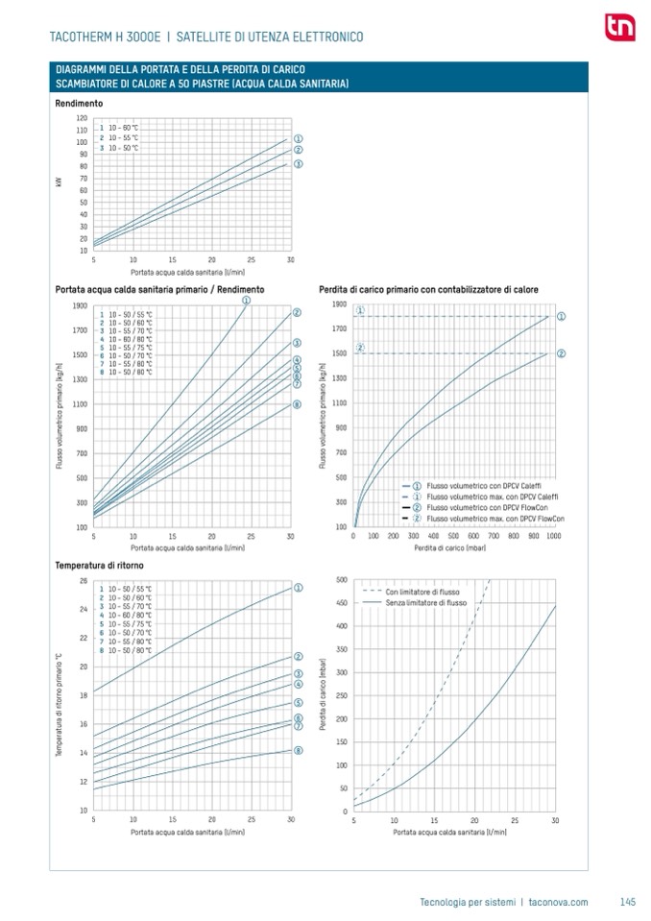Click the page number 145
(x=628, y=901)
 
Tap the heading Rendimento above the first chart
(x=79, y=103)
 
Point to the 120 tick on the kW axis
(x=82, y=118)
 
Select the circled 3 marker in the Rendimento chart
(x=298, y=164)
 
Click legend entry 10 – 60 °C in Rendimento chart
(x=123, y=128)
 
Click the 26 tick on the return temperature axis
(x=83, y=581)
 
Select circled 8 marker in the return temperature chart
(x=298, y=750)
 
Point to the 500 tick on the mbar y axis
(x=343, y=580)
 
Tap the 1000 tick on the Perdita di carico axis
(x=553, y=535)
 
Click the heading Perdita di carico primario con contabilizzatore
(x=428, y=289)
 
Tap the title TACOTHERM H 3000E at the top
(x=108, y=36)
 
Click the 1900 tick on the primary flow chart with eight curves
(x=80, y=305)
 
